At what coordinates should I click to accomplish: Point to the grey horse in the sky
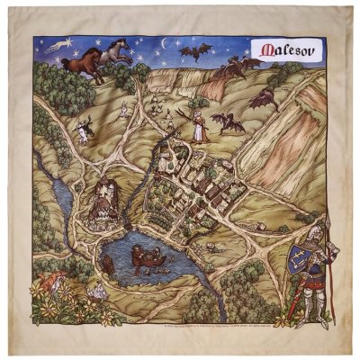tap(115, 51)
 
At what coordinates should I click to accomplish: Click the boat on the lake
tap(147, 261)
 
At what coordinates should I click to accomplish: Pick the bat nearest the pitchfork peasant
tap(226, 122)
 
